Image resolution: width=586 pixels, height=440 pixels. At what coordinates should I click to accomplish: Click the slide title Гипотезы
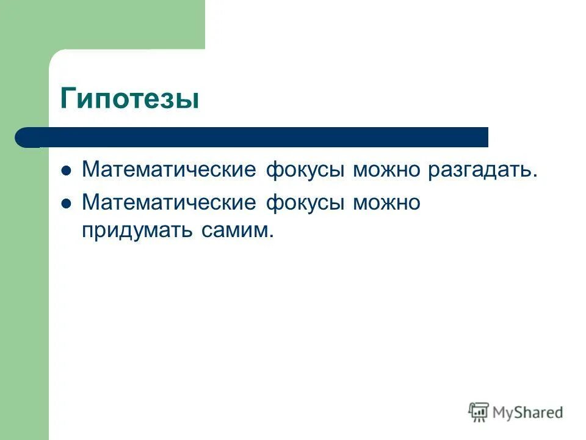(129, 98)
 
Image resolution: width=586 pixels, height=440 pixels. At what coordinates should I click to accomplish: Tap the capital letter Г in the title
(69, 97)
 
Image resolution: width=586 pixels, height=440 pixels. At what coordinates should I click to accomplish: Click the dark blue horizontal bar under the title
(256, 137)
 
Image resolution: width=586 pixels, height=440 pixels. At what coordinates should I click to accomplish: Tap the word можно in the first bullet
(386, 169)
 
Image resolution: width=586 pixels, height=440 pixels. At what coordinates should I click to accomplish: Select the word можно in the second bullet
(386, 202)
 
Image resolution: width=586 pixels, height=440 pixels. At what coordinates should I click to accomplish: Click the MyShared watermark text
(528, 413)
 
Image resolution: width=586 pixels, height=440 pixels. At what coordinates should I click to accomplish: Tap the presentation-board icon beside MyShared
(479, 413)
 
